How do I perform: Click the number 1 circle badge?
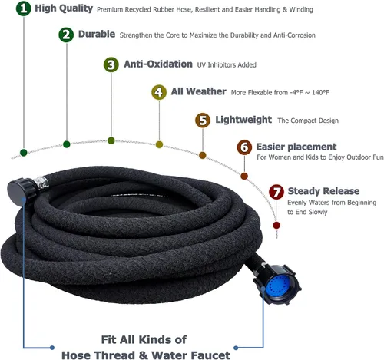[24, 8]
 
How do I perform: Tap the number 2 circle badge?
[66, 35]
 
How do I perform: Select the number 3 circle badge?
[111, 64]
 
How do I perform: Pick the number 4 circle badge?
[159, 92]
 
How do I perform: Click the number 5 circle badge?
[203, 120]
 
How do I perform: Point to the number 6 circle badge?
[244, 147]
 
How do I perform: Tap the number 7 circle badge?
[276, 192]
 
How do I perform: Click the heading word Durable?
[97, 34]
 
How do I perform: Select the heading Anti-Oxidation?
[158, 64]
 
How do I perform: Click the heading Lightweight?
[243, 120]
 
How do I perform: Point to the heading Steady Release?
[323, 191]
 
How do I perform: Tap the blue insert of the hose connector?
[276, 285]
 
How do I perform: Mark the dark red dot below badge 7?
[276, 226]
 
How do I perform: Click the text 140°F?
[320, 92]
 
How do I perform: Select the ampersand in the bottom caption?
[143, 355]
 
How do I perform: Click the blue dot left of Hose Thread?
[52, 348]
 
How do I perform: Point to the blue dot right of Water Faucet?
[236, 348]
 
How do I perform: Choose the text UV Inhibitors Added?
[227, 65]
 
